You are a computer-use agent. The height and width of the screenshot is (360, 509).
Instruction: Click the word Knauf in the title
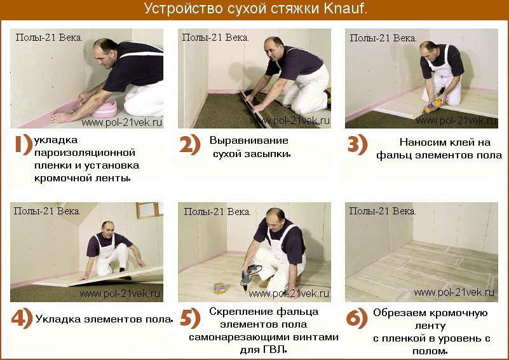pos(345,9)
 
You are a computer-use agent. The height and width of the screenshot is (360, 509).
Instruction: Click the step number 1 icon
pos(24,144)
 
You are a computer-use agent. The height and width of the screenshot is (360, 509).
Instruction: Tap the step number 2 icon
pos(190,144)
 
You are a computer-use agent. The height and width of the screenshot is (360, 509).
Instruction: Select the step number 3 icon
pos(357,144)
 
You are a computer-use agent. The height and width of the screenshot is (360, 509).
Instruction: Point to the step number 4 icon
pos(22,318)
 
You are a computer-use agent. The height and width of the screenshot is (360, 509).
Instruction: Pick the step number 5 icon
pos(190,318)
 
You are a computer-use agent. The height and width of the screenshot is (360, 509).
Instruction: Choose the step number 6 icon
pos(356,319)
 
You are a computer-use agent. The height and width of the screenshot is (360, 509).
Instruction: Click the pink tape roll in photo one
pos(104,108)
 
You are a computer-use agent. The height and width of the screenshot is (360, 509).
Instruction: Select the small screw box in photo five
pos(219,288)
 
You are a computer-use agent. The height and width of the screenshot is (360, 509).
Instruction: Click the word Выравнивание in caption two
pos(249,141)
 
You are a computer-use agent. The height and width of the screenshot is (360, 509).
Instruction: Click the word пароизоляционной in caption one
pos(85,153)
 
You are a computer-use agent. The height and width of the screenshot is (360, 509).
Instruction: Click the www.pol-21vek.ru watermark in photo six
pos(454,292)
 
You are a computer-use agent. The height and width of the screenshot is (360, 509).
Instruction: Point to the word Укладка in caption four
pos(58,319)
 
